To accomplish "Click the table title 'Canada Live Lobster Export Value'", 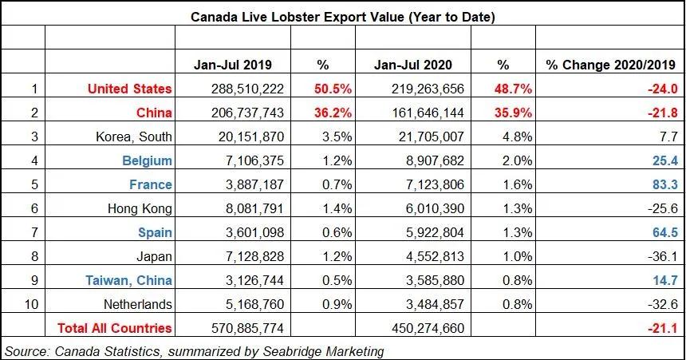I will pyautogui.click(x=341, y=16).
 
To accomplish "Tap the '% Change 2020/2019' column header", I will pyautogui.click(x=610, y=64).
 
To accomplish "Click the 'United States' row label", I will pyautogui.click(x=130, y=89).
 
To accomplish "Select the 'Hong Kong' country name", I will pyautogui.click(x=139, y=208).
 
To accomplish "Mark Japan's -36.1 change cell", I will pyautogui.click(x=663, y=256).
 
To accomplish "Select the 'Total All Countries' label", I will pyautogui.click(x=114, y=328).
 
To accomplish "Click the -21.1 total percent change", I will pyautogui.click(x=663, y=328).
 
